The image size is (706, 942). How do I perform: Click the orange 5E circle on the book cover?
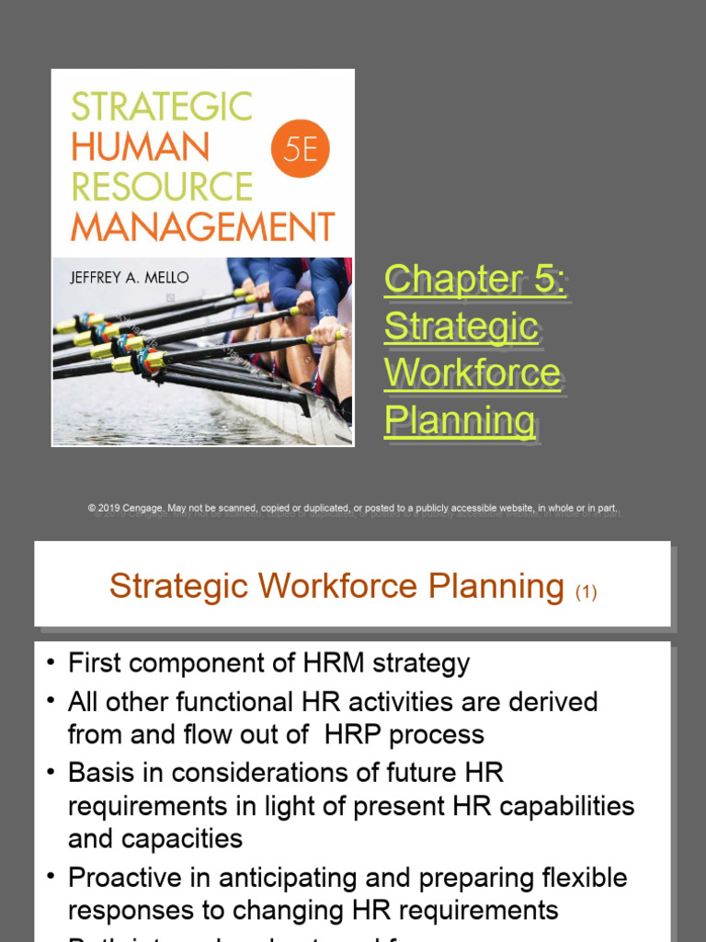(301, 147)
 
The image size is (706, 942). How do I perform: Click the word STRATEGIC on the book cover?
(161, 107)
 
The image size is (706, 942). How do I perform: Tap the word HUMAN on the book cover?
(140, 147)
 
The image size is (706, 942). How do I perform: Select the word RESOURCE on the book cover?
(161, 187)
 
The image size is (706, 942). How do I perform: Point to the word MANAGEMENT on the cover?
(202, 226)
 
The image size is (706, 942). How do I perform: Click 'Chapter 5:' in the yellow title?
(474, 279)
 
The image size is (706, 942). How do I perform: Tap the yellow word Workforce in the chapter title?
(472, 373)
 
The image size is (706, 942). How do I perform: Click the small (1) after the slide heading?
(586, 592)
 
